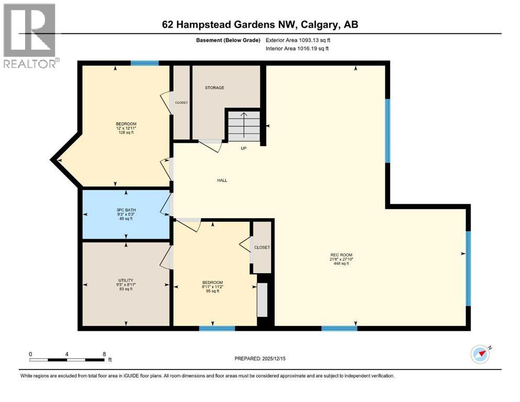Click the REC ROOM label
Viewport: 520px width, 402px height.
pyautogui.click(x=339, y=259)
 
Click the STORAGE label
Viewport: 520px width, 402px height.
pyautogui.click(x=214, y=87)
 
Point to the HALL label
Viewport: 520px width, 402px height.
pyautogui.click(x=222, y=180)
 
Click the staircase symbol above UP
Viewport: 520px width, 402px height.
pyautogui.click(x=244, y=126)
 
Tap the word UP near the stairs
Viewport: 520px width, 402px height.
pyautogui.click(x=244, y=148)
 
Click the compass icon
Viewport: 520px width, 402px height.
pyautogui.click(x=480, y=354)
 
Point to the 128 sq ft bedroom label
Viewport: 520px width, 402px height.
pyautogui.click(x=126, y=128)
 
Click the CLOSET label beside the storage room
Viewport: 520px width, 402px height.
pyautogui.click(x=181, y=103)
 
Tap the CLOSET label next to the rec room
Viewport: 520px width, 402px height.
pyautogui.click(x=262, y=247)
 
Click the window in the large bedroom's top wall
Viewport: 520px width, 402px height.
pyautogui.click(x=145, y=63)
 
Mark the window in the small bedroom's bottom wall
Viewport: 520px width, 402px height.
pyautogui.click(x=217, y=329)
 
